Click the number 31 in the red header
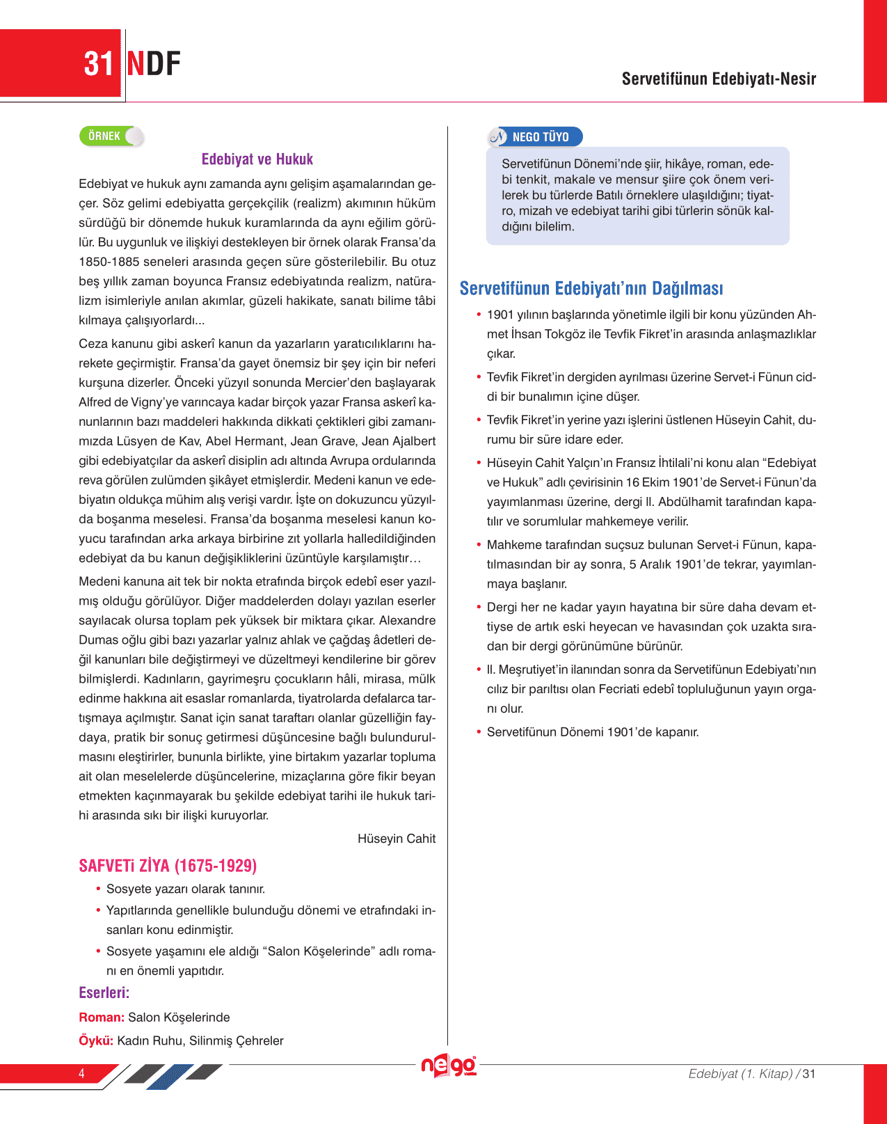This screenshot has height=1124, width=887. [98, 64]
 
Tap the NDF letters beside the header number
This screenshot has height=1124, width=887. [154, 64]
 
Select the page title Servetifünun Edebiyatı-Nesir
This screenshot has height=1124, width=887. [719, 79]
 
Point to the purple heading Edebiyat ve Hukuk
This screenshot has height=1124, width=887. [257, 159]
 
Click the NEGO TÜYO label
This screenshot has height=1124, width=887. [540, 137]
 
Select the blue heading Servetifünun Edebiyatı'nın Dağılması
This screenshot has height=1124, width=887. [591, 288]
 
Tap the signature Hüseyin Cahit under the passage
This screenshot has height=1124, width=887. [397, 839]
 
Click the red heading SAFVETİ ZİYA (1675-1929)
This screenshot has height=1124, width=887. [168, 866]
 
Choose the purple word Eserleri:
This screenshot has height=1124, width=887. [104, 992]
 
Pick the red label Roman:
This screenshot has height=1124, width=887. [102, 1018]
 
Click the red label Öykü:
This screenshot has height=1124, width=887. [96, 1041]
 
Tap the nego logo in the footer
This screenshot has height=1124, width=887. [449, 1066]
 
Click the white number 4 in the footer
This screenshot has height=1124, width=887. [81, 1073]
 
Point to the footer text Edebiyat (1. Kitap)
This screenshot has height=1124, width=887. [740, 1074]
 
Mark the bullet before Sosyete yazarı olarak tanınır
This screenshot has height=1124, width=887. [98, 889]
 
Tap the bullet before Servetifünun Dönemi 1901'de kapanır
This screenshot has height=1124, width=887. [479, 732]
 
